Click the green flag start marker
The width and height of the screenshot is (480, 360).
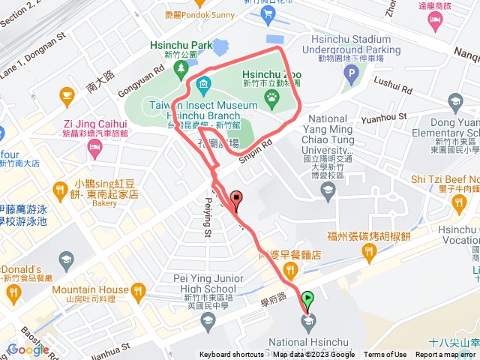(307, 299)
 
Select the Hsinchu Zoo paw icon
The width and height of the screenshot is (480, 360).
(270, 97)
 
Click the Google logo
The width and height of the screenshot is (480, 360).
(28, 349)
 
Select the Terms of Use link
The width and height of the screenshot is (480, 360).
(385, 355)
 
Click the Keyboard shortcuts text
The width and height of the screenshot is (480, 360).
(232, 355)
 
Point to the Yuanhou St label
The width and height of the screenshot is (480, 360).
(383, 116)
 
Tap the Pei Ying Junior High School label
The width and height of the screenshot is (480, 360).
(194, 283)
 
